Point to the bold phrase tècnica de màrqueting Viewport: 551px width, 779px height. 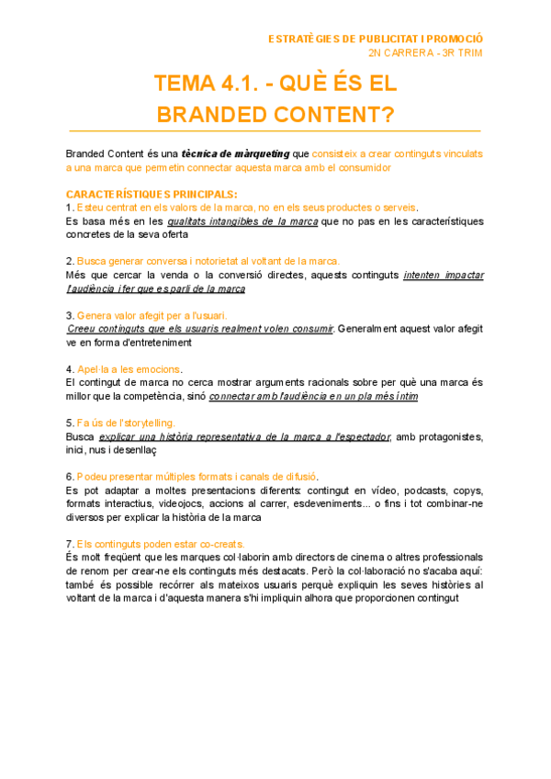[234, 153]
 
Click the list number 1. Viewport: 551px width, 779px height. [70, 208]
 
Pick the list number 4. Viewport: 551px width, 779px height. [70, 369]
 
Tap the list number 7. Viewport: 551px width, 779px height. [70, 544]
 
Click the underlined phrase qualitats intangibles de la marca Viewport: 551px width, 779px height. [242, 221]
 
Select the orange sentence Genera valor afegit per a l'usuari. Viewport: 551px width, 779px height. [152, 315]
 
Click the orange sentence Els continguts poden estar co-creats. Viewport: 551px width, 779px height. [161, 544]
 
